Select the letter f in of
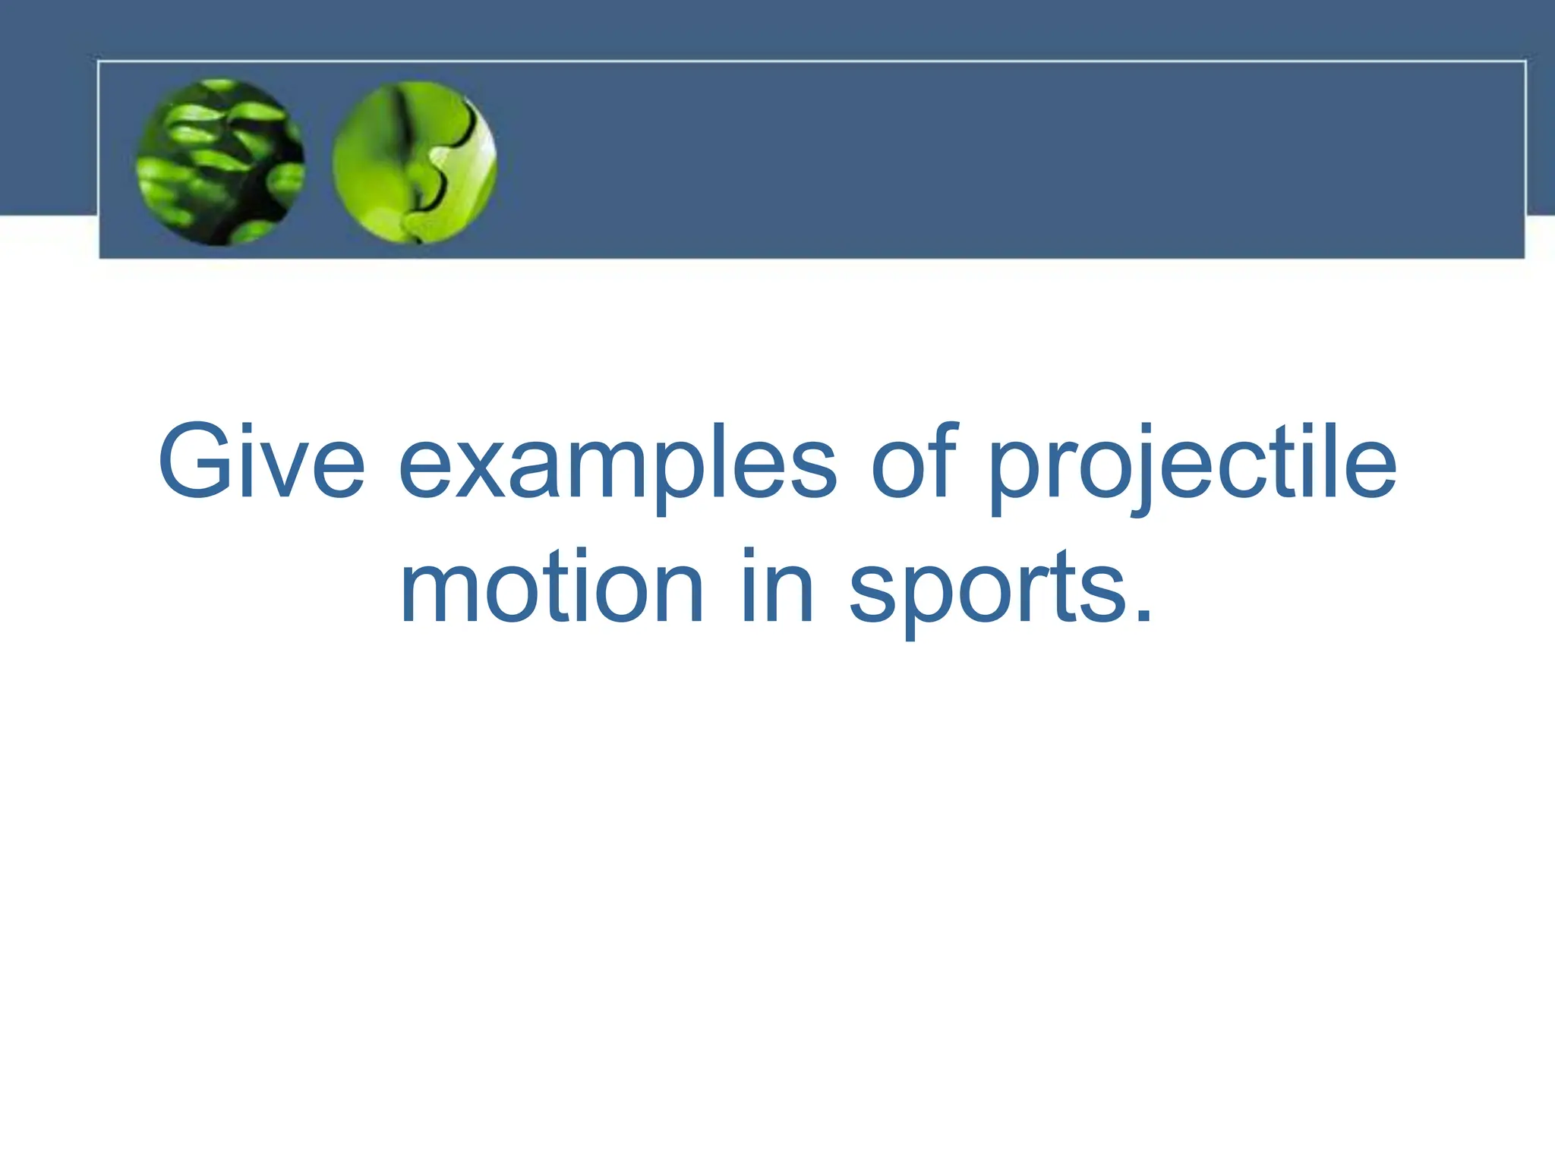coord(940,460)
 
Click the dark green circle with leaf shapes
coord(220,162)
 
